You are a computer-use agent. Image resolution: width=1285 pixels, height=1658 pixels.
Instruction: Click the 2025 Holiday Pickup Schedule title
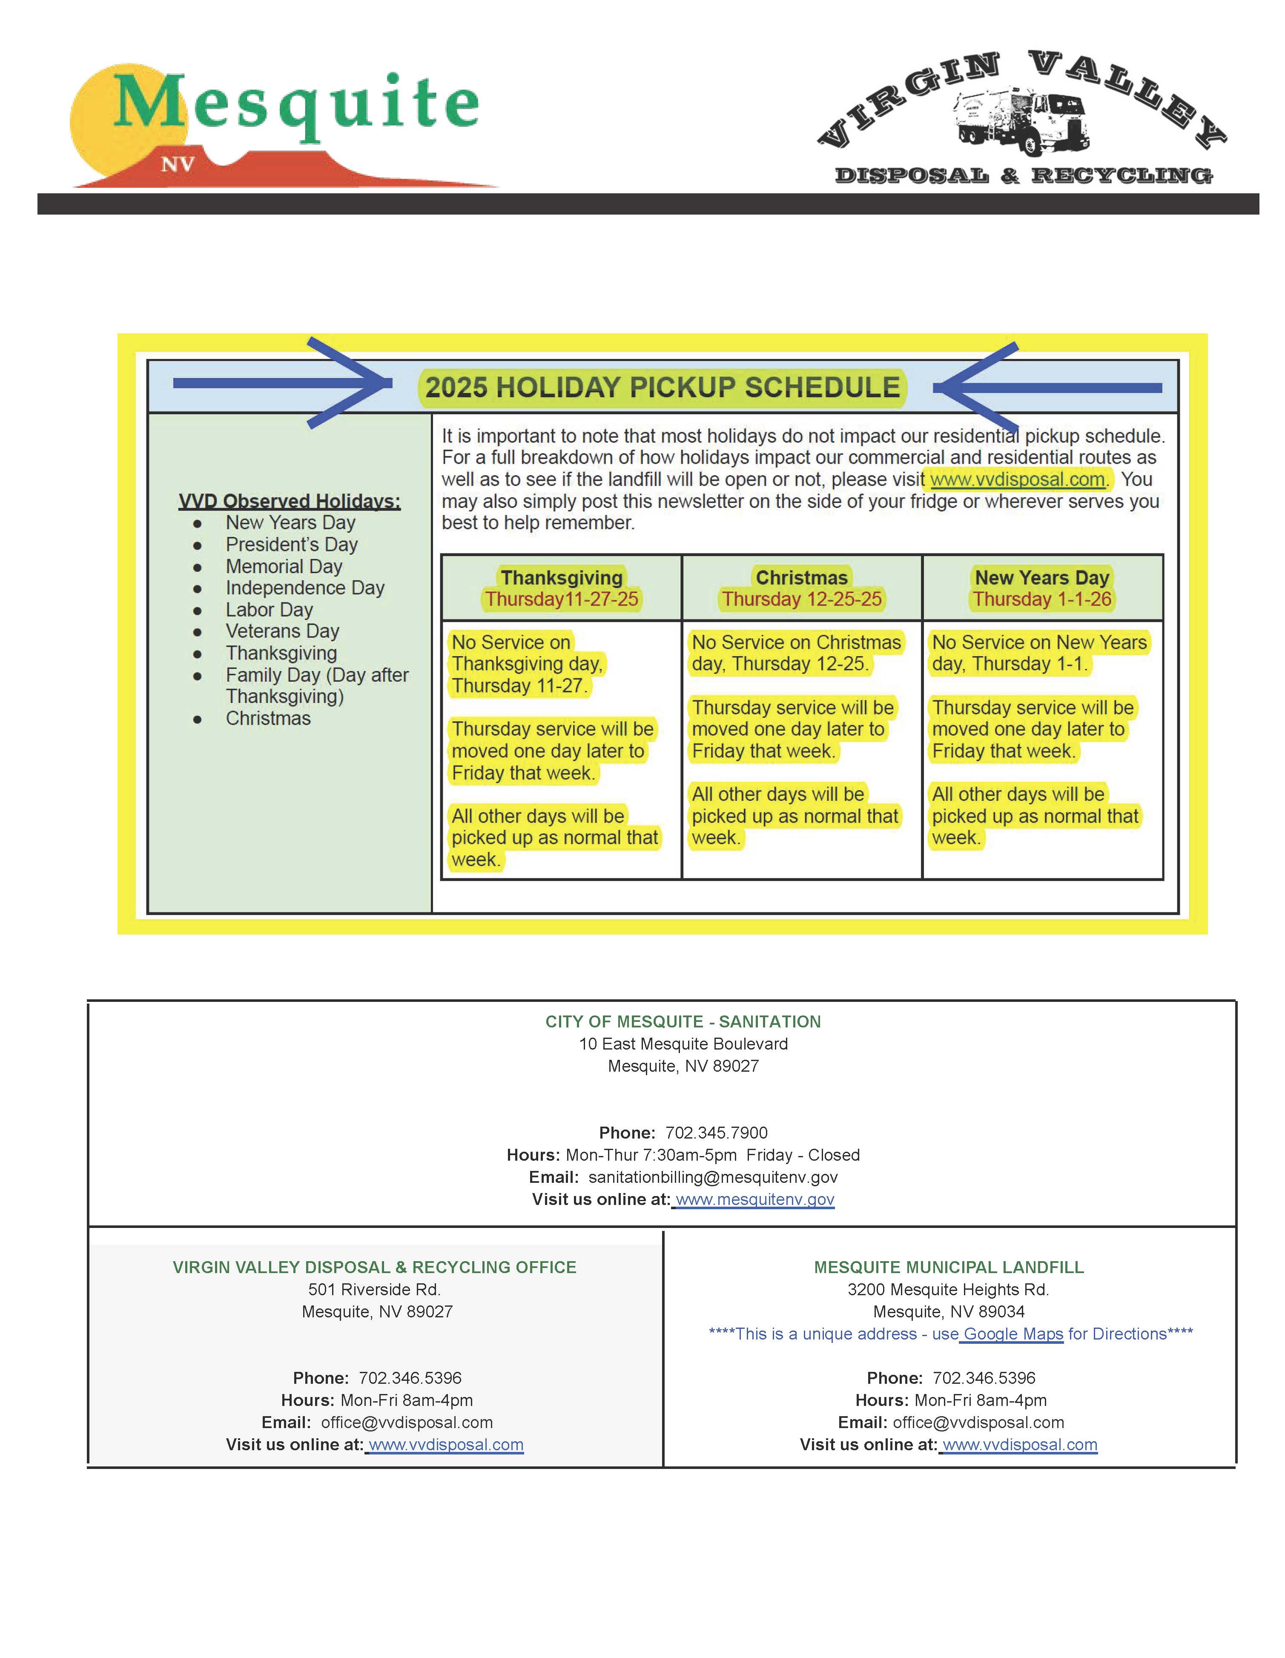click(x=662, y=387)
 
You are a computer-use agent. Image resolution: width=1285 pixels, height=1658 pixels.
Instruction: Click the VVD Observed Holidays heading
click(x=289, y=501)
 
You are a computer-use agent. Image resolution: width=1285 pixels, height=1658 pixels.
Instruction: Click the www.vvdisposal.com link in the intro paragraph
click(x=1017, y=479)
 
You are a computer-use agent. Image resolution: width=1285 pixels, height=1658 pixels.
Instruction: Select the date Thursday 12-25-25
click(x=801, y=599)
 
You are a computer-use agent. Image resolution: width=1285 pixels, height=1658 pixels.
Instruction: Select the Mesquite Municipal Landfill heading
click(x=948, y=1267)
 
